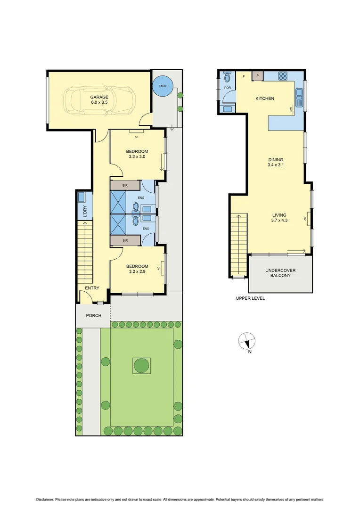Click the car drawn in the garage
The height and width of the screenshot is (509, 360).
[100, 100]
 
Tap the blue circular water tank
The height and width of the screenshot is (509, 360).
[162, 86]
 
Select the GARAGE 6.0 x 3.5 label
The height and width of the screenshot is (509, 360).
[99, 99]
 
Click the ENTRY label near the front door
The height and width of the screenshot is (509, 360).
[92, 288]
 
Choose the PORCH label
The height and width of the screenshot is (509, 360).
[93, 315]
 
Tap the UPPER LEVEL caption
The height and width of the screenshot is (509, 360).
[250, 298]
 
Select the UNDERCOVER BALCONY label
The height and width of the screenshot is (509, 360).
[280, 273]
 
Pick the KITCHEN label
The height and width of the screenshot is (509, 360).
[264, 99]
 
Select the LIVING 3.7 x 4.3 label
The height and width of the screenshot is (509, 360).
[279, 217]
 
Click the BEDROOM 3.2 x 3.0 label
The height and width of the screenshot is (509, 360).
[137, 154]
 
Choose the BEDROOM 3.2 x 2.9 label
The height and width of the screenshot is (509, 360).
[138, 269]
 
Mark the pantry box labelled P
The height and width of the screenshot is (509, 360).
[257, 75]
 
